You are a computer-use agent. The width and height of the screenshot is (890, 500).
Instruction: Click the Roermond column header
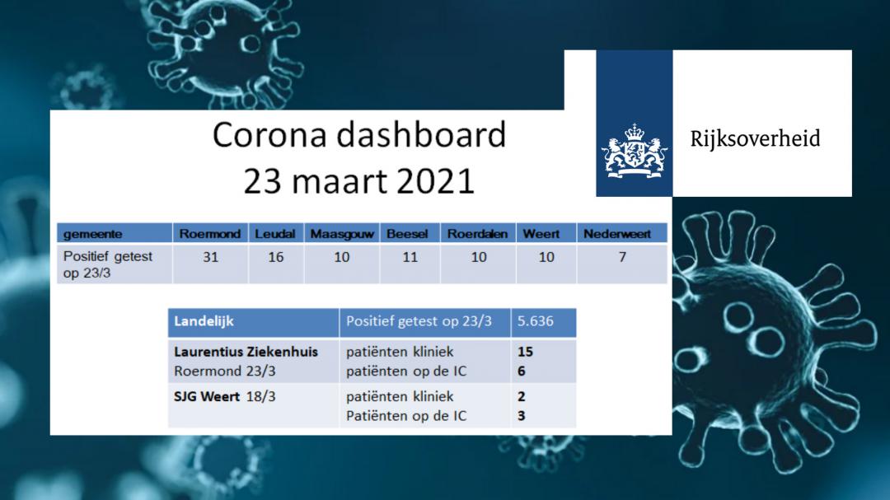coord(210,234)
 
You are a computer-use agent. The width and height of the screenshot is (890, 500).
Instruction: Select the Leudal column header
coord(275,234)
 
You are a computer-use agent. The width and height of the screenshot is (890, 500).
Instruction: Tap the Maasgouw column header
coord(342,234)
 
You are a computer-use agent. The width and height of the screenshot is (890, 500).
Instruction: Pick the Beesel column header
coord(407,234)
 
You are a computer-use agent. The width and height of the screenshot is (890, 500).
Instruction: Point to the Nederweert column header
coord(617,234)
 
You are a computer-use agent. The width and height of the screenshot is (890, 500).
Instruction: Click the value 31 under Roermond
coord(211,257)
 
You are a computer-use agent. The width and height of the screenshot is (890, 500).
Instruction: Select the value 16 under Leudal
coord(276,257)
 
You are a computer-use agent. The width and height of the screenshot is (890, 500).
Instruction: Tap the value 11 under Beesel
coord(410,257)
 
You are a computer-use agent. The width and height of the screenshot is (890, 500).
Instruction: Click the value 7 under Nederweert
coord(622,257)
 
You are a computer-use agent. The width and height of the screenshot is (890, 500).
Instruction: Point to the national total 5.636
coord(536,321)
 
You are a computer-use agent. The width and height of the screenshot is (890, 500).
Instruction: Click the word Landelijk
coord(204,321)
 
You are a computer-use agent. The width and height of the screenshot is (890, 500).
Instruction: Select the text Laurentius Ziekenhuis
coord(246,352)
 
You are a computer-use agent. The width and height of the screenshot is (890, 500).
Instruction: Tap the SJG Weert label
coord(207,396)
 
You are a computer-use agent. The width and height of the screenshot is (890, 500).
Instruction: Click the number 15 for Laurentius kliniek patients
coord(525,352)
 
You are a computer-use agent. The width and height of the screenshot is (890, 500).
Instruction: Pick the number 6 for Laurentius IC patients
coord(522,371)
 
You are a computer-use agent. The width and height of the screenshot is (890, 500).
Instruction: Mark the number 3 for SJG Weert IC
coord(522,416)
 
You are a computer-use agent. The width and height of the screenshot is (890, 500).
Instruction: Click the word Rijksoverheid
coord(755,139)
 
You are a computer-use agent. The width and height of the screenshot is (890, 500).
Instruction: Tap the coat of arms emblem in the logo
coord(634,151)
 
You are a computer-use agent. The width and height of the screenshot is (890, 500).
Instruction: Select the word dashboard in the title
coord(420,135)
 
